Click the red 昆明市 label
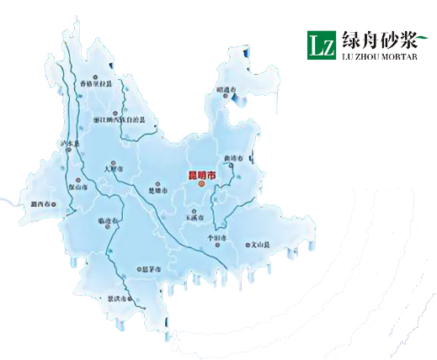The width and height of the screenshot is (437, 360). click(200, 174)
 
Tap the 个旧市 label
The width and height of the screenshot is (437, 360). click(217, 238)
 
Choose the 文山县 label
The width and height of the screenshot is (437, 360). click(260, 246)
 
